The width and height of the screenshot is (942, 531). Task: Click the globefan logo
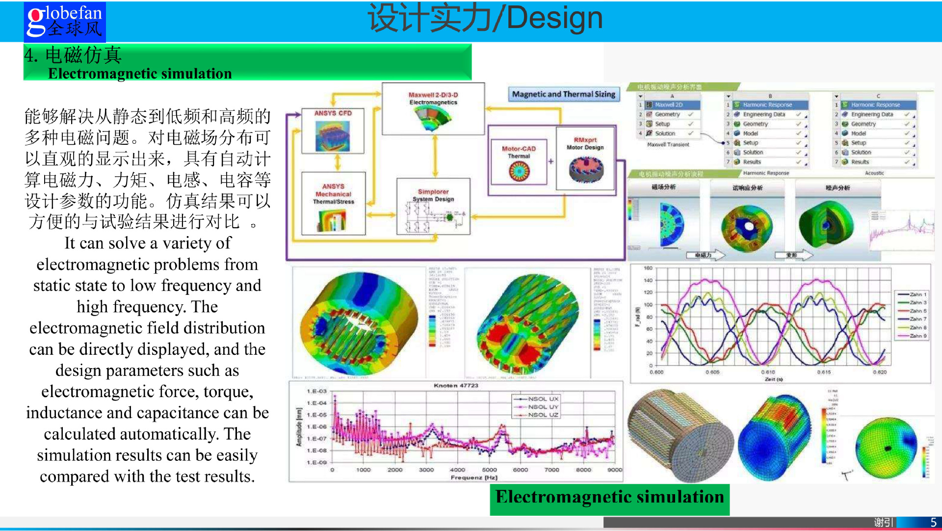pyautogui.click(x=65, y=22)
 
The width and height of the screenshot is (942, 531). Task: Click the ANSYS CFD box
pyautogui.click(x=333, y=131)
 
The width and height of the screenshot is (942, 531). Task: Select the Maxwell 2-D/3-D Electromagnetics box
pyautogui.click(x=433, y=108)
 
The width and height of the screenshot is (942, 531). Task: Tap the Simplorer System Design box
pyautogui.click(x=433, y=207)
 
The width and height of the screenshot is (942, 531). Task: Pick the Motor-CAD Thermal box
pyautogui.click(x=519, y=162)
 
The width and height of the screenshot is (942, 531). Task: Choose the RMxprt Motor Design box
pyautogui.click(x=585, y=158)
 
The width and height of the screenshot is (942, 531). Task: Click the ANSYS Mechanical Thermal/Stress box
pyautogui.click(x=334, y=203)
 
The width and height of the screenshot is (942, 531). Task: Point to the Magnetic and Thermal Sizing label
pyautogui.click(x=564, y=94)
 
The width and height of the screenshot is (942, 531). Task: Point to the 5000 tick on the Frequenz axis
pyautogui.click(x=489, y=470)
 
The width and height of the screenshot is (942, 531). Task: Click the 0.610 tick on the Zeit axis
pyautogui.click(x=768, y=372)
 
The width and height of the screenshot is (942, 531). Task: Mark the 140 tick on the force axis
pyautogui.click(x=648, y=281)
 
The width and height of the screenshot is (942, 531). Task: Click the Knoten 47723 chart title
pyautogui.click(x=456, y=386)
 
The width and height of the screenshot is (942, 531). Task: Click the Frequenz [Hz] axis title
pyautogui.click(x=474, y=478)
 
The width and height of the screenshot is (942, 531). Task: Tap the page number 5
pyautogui.click(x=934, y=523)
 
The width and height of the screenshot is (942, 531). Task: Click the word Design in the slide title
pyautogui.click(x=554, y=18)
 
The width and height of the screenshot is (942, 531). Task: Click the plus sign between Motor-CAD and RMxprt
pyautogui.click(x=551, y=161)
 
